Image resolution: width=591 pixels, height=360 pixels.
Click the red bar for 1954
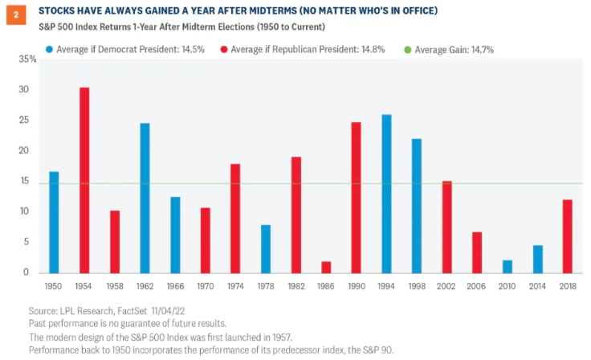click(x=84, y=180)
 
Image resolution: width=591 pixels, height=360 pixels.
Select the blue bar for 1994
click(x=386, y=194)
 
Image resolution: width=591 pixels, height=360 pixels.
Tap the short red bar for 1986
click(x=325, y=267)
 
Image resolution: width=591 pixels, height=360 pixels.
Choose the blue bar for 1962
click(x=145, y=198)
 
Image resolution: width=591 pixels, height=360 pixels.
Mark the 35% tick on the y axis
click(x=26, y=59)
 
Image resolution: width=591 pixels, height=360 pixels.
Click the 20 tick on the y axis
click(x=29, y=150)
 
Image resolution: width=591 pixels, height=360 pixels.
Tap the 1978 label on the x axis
click(x=265, y=286)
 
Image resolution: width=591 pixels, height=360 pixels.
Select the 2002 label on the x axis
click(x=446, y=286)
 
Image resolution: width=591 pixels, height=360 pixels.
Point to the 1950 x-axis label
click(x=54, y=286)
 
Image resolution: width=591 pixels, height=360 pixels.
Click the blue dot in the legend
click(x=49, y=49)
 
